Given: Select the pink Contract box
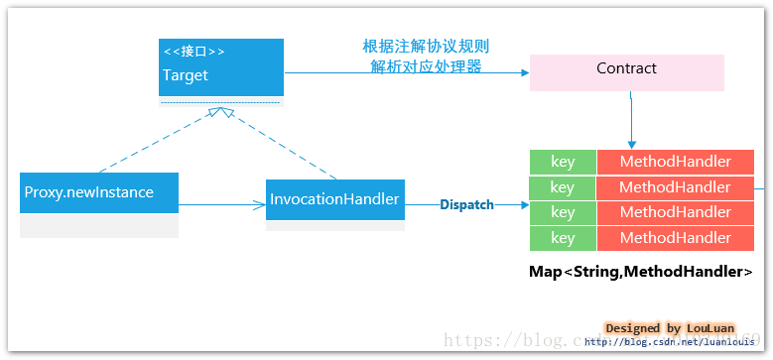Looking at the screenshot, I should coord(626,70).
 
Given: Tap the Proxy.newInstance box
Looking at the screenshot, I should coord(99,192).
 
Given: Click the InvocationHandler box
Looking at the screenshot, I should coord(334,200).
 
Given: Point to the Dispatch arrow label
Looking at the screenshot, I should coord(466,204).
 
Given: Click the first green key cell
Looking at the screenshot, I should coord(562,162).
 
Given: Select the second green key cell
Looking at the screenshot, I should coord(562,187).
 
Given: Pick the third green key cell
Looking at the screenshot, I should coord(562,212).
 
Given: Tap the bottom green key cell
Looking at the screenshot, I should coord(562,238).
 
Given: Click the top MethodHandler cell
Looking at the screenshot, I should coord(675,162).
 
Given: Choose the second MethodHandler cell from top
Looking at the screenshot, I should coord(675,187).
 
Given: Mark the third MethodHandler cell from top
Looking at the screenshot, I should coord(675,212).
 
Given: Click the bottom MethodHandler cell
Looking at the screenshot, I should coord(675,238).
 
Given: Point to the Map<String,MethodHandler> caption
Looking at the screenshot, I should coord(640,272).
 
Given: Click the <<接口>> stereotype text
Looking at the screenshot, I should coord(193,52).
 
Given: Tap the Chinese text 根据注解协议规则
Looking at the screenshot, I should coord(426,48).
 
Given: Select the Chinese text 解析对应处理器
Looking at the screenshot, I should coord(426,66).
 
